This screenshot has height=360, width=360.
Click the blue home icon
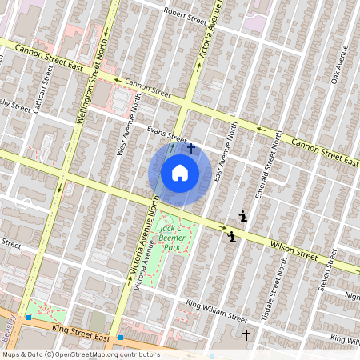pos(180,173)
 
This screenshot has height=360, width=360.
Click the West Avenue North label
pos(124,124)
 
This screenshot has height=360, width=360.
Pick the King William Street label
pos(216,309)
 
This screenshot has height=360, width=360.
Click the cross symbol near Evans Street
pos(190,149)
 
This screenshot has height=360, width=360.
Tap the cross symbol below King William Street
pos(246,334)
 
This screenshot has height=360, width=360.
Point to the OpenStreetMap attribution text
pos(80,354)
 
